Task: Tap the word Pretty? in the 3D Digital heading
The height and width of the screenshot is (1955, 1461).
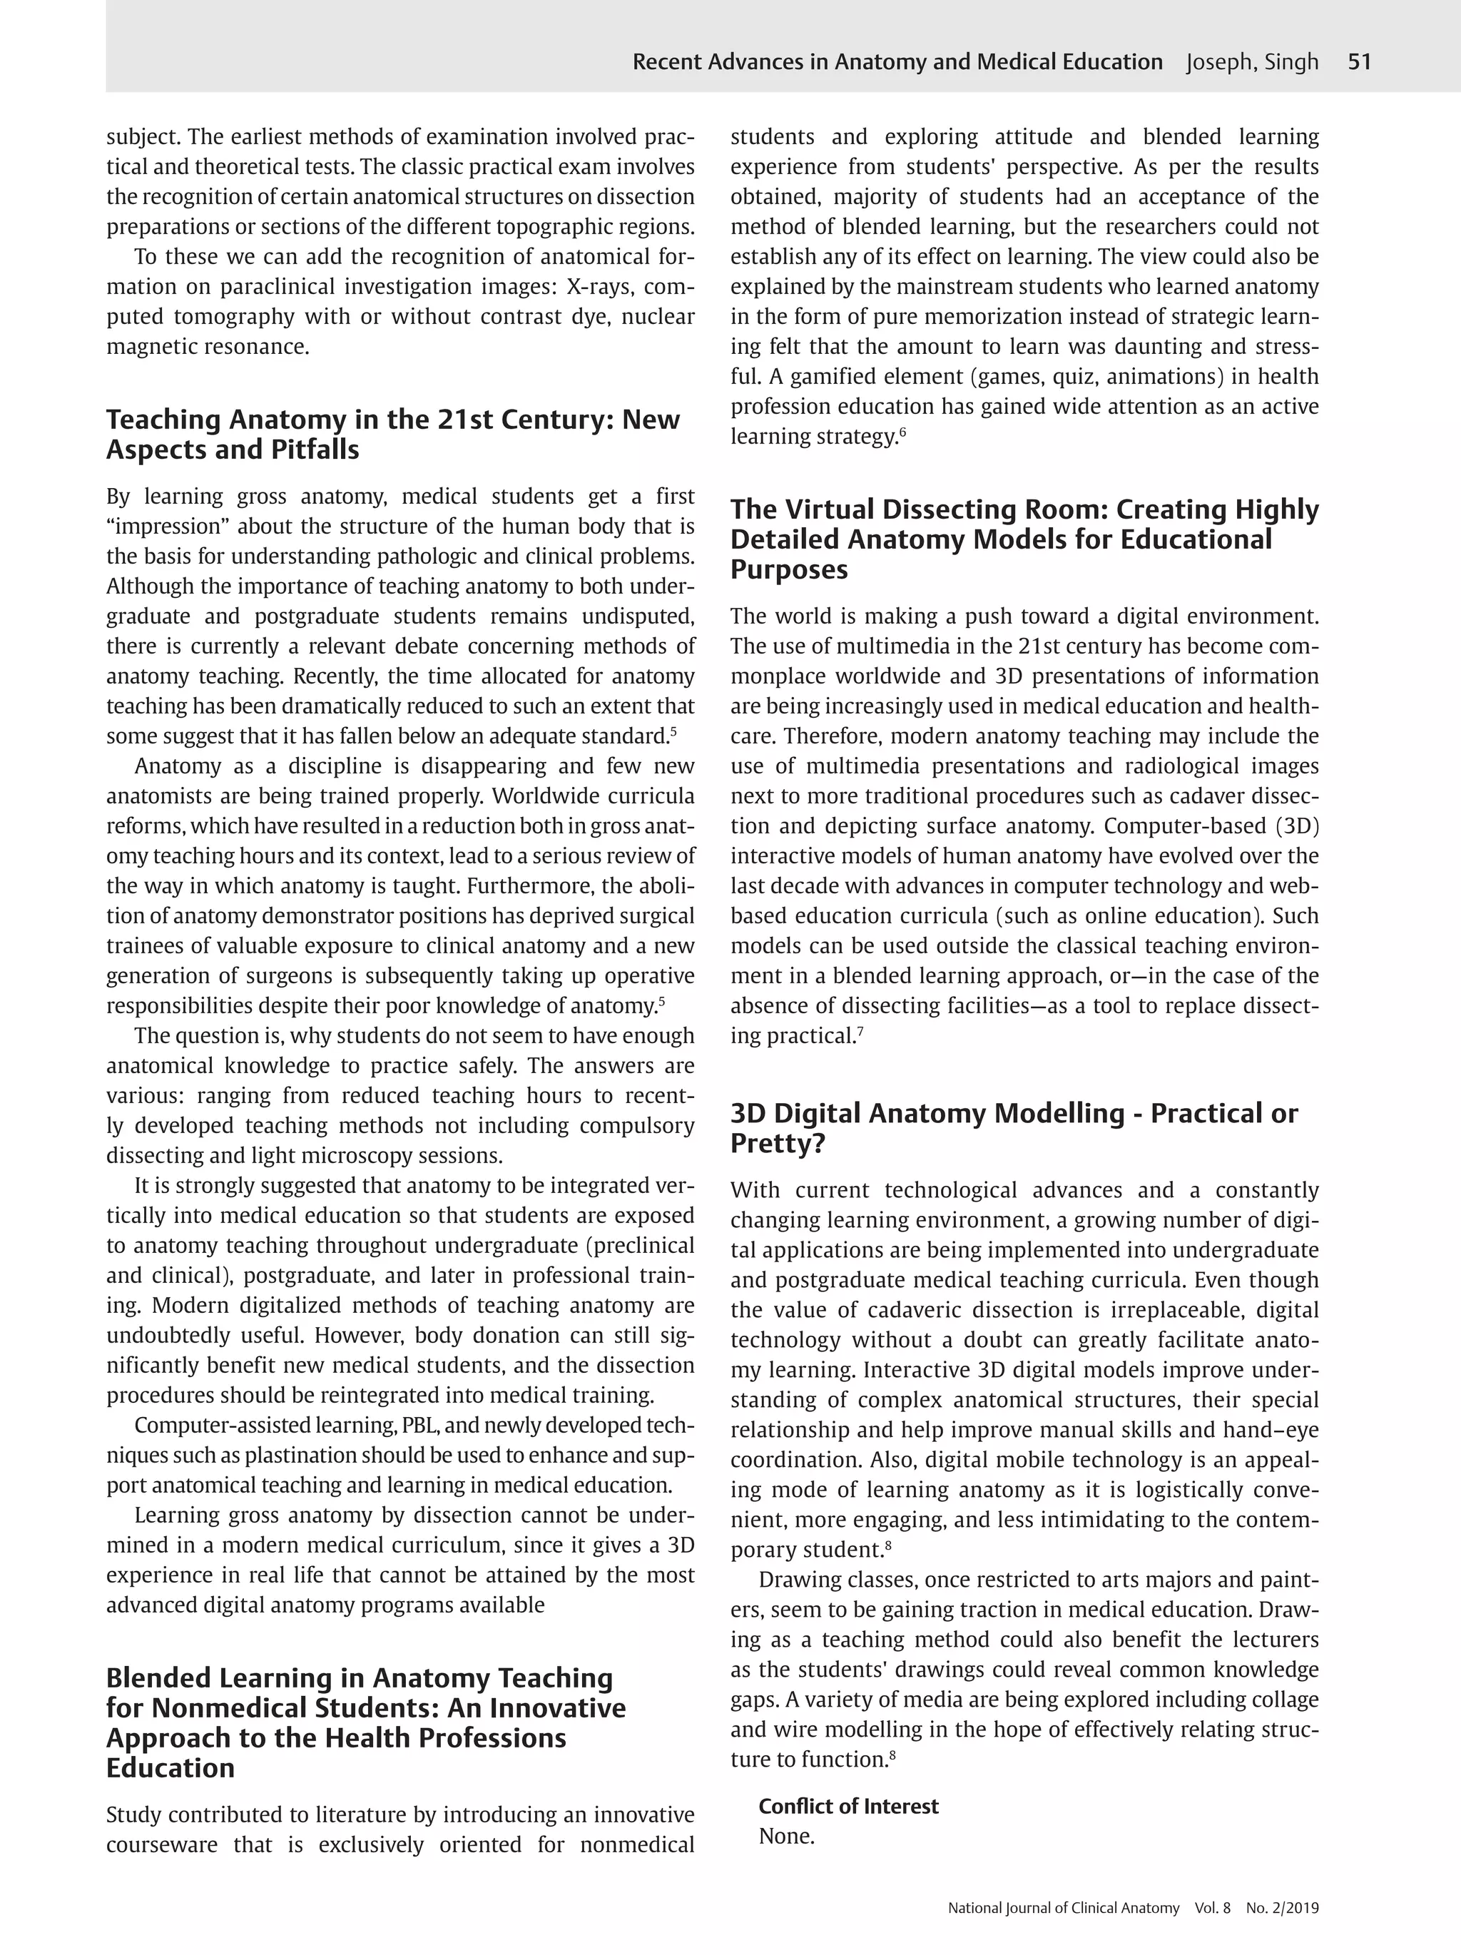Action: tap(777, 1144)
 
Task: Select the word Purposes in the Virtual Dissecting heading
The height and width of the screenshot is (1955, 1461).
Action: tap(788, 570)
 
